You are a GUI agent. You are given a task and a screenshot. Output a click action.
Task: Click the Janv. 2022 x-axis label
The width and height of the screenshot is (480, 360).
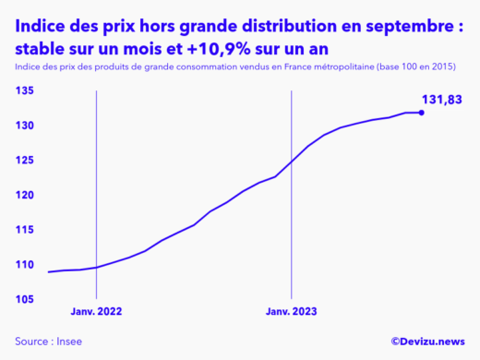[x=97, y=311]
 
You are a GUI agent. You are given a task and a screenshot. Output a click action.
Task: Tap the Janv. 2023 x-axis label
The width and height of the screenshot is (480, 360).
[x=292, y=311]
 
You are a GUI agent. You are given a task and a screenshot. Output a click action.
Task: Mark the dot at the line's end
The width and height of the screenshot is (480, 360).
[x=421, y=113]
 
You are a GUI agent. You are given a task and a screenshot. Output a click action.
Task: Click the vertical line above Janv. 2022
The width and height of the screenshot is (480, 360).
[x=97, y=185]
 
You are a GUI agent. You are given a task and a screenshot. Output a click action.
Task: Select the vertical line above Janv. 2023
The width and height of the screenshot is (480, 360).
[x=292, y=185]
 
